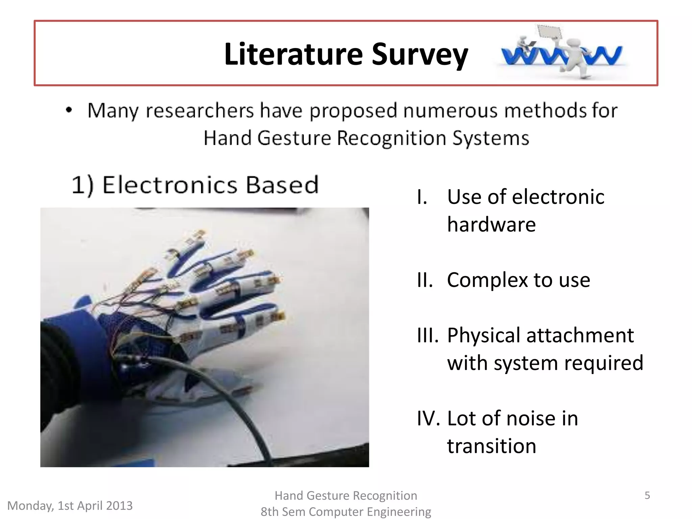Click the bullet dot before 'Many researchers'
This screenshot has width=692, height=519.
[69, 110]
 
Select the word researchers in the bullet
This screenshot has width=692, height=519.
[199, 110]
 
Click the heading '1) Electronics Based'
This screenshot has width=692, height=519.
[195, 185]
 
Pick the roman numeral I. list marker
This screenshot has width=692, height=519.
[422, 197]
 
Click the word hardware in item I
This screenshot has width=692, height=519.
[491, 225]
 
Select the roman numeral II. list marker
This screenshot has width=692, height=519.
[425, 280]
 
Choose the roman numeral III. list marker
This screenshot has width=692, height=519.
[427, 336]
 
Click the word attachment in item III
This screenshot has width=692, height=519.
[580, 336]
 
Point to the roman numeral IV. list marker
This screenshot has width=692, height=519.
[428, 419]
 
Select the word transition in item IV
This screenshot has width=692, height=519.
[491, 446]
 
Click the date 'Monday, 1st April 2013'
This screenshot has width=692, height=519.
[70, 505]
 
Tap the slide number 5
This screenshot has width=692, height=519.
[647, 495]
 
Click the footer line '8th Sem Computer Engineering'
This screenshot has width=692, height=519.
[346, 512]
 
